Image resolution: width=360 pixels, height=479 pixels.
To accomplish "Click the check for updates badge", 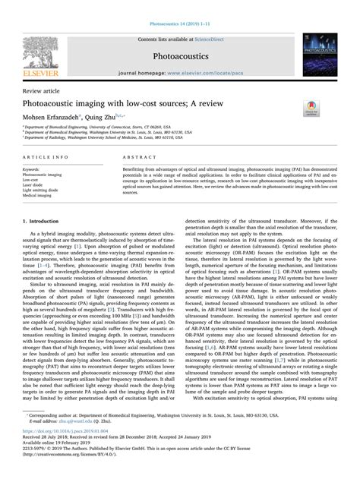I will [x=311, y=108].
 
